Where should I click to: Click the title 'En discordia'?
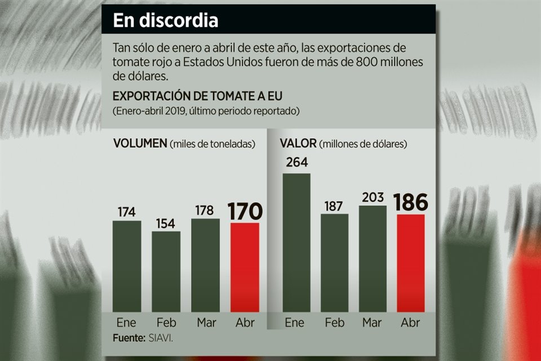click(x=165, y=21)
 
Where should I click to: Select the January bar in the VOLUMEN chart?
click(x=127, y=265)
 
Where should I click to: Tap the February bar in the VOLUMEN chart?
click(x=166, y=271)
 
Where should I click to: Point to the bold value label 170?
click(x=245, y=212)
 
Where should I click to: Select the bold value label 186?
click(x=410, y=202)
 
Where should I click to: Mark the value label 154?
click(x=166, y=222)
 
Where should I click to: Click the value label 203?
click(x=373, y=197)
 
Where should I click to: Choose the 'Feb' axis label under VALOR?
click(x=335, y=323)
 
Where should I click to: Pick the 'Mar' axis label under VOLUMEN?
click(x=205, y=323)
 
